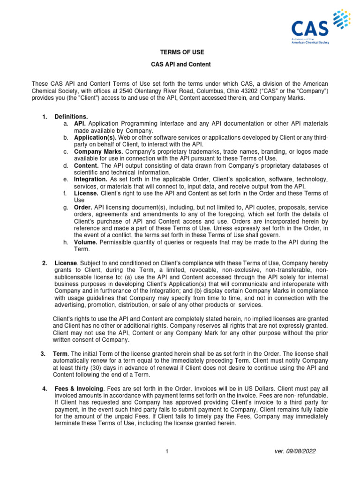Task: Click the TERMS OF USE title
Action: tap(180, 52)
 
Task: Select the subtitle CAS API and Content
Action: tap(180, 64)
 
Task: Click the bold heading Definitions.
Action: tap(71, 116)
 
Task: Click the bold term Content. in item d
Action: tap(86, 166)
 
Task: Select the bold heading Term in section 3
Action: tap(61, 353)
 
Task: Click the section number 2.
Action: tap(44, 263)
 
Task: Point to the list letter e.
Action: tap(65, 180)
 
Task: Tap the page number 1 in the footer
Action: tap(166, 451)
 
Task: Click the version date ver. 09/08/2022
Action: tap(295, 451)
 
